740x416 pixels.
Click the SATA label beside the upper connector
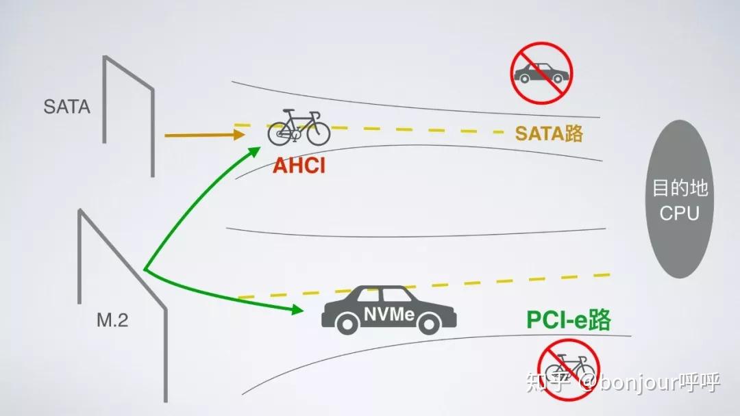(x=66, y=107)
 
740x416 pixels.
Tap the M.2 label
(x=112, y=320)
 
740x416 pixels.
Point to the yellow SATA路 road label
(x=549, y=133)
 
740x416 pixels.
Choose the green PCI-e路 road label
(x=568, y=320)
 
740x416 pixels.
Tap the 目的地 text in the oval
(x=679, y=188)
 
